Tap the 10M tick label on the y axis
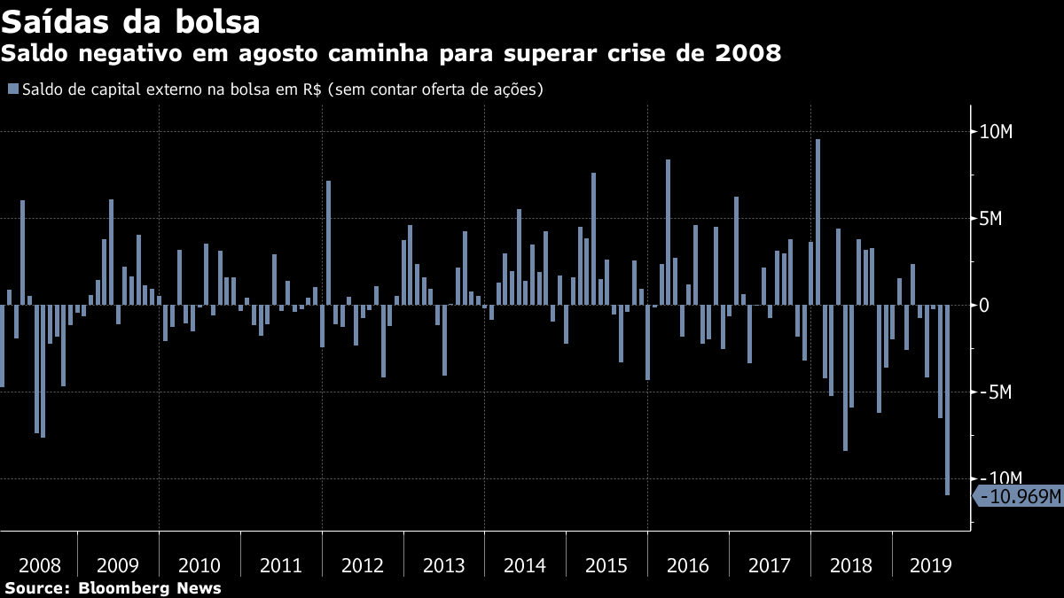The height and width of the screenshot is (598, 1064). [x=995, y=132]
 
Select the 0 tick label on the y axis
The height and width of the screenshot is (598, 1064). [x=983, y=306]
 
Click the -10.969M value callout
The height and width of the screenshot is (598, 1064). [x=1020, y=496]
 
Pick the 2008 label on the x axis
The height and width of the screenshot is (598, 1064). [x=39, y=565]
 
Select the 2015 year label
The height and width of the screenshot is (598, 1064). [x=606, y=565]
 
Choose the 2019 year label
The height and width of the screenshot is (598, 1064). [x=931, y=565]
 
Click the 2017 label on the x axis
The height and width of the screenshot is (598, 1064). [x=769, y=565]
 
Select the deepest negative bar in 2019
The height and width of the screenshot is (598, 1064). [x=947, y=400]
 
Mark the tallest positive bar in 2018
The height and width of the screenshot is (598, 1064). [x=818, y=221]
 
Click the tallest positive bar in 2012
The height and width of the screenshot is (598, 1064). [x=328, y=243]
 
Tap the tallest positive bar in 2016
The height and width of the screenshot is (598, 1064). [x=668, y=232]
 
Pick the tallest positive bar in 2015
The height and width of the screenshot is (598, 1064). [x=593, y=238]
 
